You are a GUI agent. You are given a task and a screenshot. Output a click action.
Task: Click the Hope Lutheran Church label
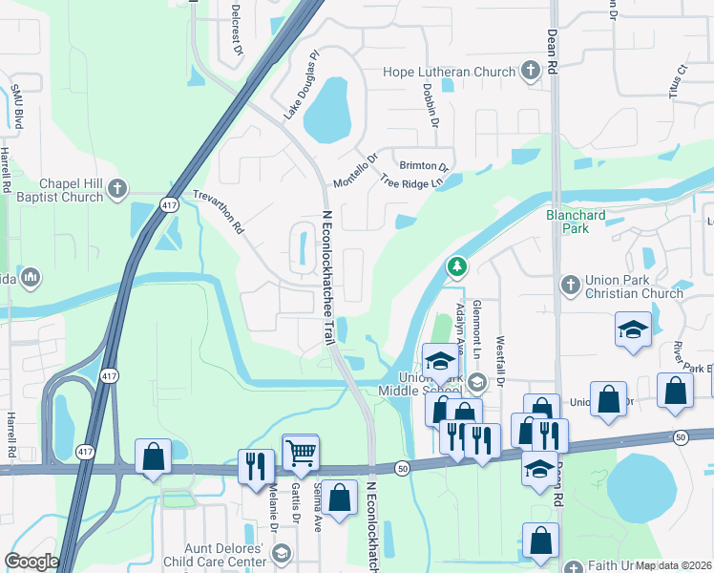pos(450,72)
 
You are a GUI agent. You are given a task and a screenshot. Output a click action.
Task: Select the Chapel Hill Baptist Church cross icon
pos(117,187)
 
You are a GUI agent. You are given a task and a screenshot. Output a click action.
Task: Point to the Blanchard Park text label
pos(576,222)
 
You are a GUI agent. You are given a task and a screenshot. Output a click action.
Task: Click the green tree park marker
pos(458,266)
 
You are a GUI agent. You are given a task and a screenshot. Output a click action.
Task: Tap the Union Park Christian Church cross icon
pos(569,285)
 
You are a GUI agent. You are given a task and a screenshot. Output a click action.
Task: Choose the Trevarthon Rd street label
pos(219,210)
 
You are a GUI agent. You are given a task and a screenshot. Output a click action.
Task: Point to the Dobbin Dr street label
pos(430,105)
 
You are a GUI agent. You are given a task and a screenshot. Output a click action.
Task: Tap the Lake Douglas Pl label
pos(299,86)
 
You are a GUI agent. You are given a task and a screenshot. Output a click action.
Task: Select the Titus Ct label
pos(679,82)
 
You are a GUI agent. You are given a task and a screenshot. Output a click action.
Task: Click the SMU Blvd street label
pos(16,106)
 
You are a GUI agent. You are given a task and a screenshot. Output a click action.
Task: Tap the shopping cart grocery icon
pos(301,452)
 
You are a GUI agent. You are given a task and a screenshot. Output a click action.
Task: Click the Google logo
pos(31,562)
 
